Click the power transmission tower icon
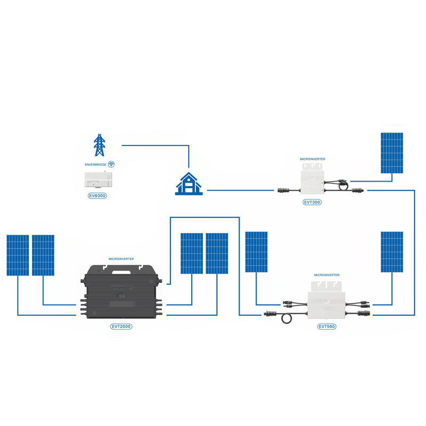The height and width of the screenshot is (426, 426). click(x=100, y=145)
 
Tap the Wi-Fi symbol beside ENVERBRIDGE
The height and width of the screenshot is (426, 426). click(x=111, y=165)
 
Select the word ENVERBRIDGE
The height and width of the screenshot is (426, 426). click(x=95, y=165)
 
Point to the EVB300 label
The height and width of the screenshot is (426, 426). click(x=100, y=195)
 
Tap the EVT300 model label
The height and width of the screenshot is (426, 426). click(x=312, y=202)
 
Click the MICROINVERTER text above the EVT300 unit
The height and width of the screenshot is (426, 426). click(x=313, y=159)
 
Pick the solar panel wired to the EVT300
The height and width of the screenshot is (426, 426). click(x=392, y=153)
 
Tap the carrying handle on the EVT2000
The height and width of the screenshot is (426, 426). click(x=119, y=269)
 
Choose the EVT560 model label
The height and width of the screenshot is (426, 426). click(x=326, y=326)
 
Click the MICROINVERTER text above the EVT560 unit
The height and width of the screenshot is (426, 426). click(x=326, y=275)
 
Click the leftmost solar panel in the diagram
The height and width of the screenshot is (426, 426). click(x=18, y=255)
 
